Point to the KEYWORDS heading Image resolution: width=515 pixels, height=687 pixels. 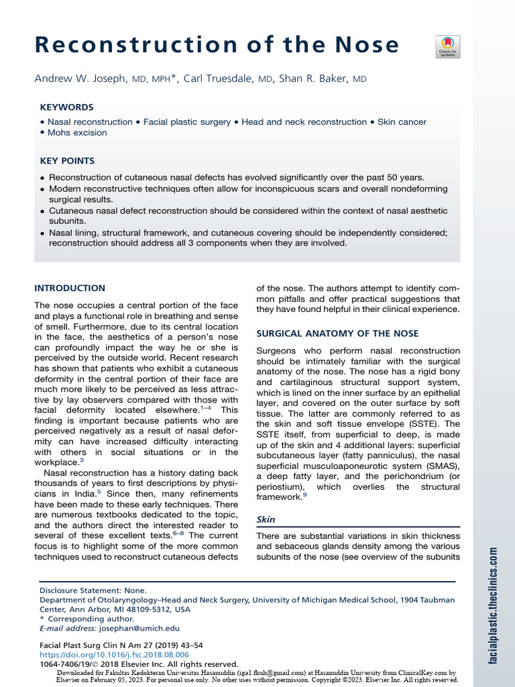(66, 107)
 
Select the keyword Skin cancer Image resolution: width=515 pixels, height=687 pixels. (401, 122)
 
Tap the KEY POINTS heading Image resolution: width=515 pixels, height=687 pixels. (67, 161)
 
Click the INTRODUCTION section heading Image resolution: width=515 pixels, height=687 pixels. (70, 288)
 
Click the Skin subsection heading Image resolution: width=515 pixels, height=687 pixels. (266, 519)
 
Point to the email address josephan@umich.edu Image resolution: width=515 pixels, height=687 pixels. (139, 629)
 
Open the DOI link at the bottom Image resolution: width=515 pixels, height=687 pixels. (114, 654)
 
